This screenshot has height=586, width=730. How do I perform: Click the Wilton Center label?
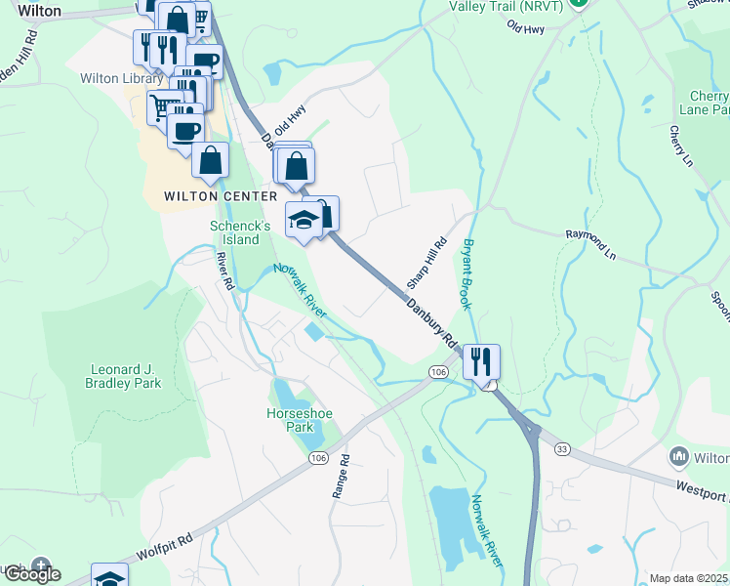click(x=200, y=195)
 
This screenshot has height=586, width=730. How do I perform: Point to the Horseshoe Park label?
click(x=300, y=420)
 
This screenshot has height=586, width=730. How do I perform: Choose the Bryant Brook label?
click(x=468, y=273)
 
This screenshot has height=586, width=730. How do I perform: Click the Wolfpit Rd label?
click(x=164, y=545)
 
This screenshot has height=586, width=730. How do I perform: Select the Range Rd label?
click(x=340, y=477)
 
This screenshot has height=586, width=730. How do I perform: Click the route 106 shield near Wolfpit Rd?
click(x=317, y=458)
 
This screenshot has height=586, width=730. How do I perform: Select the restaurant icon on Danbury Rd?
click(x=481, y=361)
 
